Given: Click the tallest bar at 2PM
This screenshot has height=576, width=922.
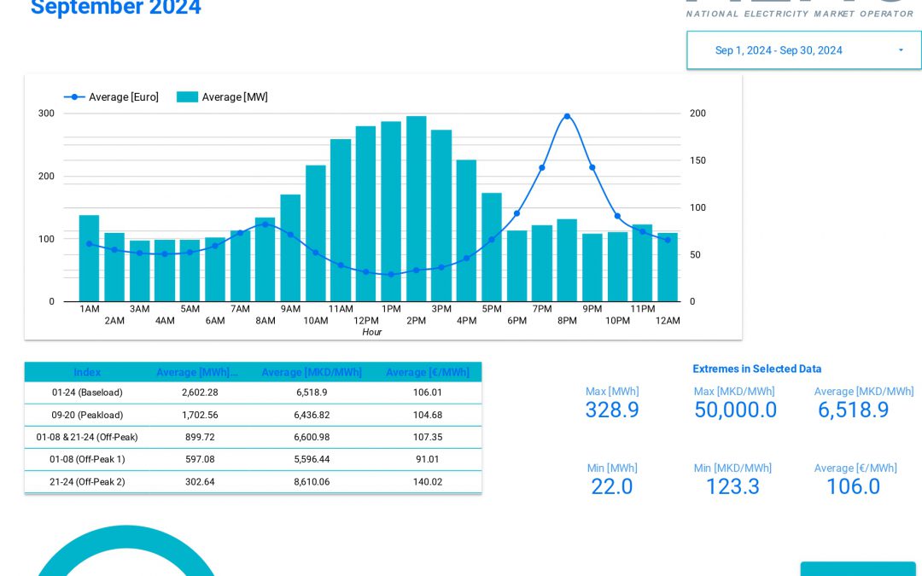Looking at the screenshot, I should point(416,209).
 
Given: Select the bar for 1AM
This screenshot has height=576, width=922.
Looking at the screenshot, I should point(89,258).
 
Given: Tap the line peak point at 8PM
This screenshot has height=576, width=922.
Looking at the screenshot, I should point(567,116).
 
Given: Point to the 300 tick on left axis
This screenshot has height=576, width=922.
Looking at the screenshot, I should point(46,113).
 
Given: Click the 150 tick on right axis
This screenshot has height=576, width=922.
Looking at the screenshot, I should point(697,160).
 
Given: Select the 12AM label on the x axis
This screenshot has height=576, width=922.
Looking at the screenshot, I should point(668,321).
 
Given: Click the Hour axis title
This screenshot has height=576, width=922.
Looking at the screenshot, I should point(371,332).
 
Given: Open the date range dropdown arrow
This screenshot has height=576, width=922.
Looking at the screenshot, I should point(901,50).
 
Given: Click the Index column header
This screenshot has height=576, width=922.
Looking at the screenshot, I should point(87,372).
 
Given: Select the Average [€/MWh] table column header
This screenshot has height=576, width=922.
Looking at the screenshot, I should point(428,372).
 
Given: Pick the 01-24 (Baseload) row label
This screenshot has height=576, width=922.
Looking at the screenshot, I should point(87,393).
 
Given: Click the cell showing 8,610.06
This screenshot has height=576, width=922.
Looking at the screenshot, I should point(312,481).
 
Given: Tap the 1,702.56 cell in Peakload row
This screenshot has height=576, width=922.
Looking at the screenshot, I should point(200,415).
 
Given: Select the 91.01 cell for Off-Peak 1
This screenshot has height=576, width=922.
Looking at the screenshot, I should point(428,459).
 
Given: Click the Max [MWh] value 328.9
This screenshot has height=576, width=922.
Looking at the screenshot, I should point(612,410).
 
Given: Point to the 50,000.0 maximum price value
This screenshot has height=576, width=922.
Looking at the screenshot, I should point(735,410).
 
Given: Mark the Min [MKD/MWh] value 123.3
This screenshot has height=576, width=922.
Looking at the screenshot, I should point(732,486).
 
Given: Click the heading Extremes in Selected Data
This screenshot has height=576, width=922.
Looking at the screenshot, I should point(757,369).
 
